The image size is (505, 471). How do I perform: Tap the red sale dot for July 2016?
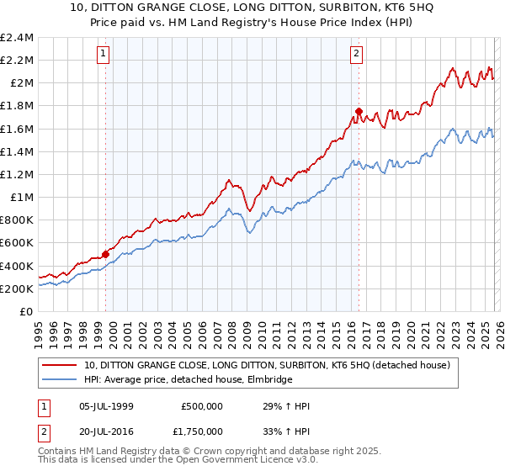[x=359, y=111]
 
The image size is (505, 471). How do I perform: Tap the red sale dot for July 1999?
[x=105, y=254]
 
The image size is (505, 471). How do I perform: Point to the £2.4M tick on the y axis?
[x=17, y=38]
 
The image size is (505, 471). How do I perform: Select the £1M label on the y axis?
[x=22, y=198]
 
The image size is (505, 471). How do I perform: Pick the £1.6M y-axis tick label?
[x=17, y=129]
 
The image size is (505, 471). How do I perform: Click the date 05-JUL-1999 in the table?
[x=105, y=406]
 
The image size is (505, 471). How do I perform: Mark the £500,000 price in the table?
[x=202, y=406]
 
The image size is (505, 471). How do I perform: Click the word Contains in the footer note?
[x=59, y=452]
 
